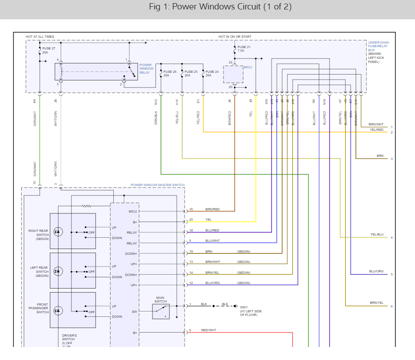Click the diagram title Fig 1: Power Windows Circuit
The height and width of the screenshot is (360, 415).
pyautogui.click(x=220, y=8)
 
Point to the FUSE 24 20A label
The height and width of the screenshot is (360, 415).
pyautogui.click(x=212, y=74)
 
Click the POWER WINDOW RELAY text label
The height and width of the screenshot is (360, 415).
pyautogui.click(x=146, y=69)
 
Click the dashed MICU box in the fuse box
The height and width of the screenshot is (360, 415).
pyautogui.click(x=233, y=74)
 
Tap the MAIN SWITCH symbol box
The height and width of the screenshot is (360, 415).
pyautogui.click(x=161, y=311)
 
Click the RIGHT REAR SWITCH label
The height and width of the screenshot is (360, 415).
pyautogui.click(x=38, y=235)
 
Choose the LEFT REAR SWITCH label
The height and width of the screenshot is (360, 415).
pyautogui.click(x=39, y=272)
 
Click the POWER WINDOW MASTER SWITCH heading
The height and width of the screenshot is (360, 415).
pyautogui.click(x=157, y=185)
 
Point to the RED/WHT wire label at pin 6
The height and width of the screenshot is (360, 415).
pyautogui.click(x=209, y=330)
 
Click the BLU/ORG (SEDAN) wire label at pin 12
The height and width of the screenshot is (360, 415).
pyautogui.click(x=213, y=283)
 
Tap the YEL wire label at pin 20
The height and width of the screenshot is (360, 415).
pyautogui.click(x=208, y=220)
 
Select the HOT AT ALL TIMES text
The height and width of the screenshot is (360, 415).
pyautogui.click(x=40, y=36)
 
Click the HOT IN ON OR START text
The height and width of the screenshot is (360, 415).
pyautogui.click(x=235, y=36)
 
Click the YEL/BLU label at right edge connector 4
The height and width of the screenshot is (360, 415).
pyautogui.click(x=377, y=234)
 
